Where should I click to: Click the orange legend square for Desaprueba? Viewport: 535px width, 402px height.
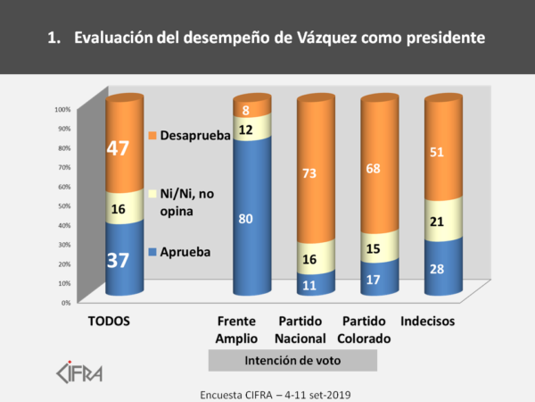coord(152,136)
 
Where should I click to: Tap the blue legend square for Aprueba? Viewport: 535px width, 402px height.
coord(152,253)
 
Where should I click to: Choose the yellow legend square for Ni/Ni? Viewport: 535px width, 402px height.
coord(152,194)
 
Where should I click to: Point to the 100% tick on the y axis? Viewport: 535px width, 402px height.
coord(63,109)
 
